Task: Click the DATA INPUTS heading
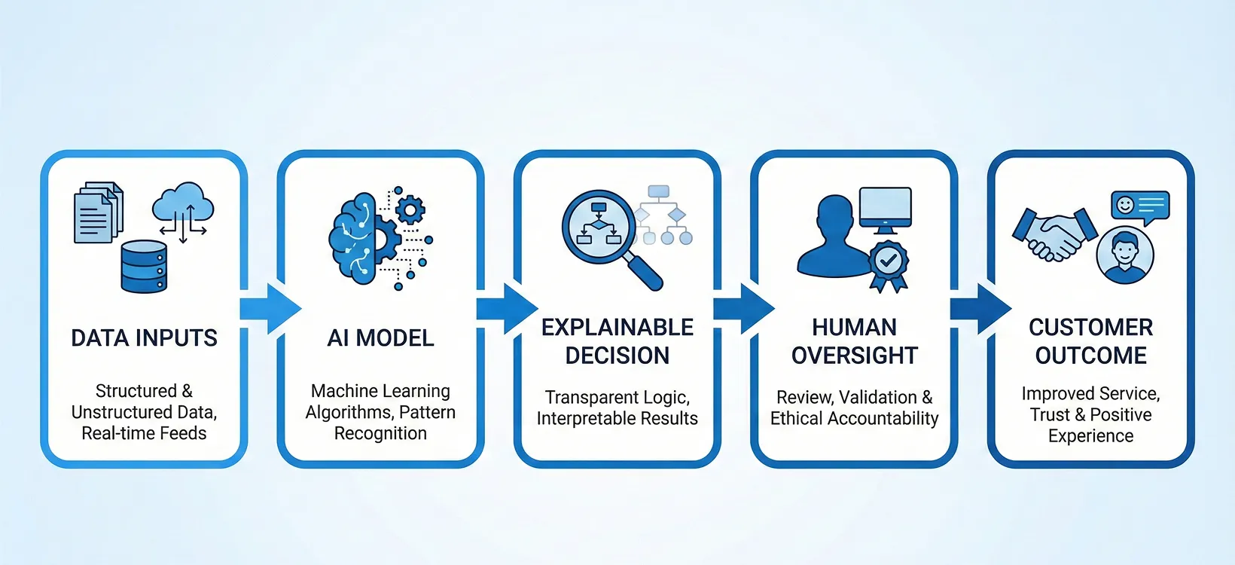click(x=144, y=337)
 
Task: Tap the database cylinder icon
click(x=144, y=266)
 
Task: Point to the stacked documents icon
click(x=98, y=212)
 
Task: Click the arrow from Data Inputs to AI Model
click(x=270, y=308)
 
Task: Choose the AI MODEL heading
click(x=380, y=337)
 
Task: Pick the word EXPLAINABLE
click(x=617, y=327)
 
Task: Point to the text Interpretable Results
click(x=617, y=418)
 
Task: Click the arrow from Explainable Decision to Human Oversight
click(x=744, y=308)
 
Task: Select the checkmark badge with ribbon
click(x=888, y=265)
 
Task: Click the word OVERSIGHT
click(x=855, y=356)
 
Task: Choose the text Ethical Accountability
click(x=854, y=418)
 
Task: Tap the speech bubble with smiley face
click(x=1140, y=207)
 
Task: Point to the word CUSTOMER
click(x=1090, y=327)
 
